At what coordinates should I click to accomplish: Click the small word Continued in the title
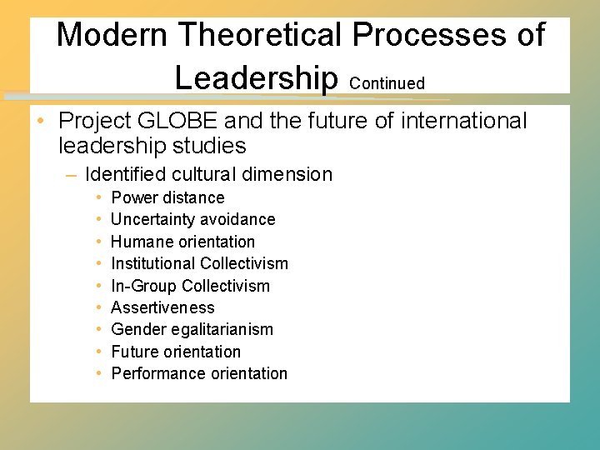387,83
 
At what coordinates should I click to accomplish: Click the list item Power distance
167,197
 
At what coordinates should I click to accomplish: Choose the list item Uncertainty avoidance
192,219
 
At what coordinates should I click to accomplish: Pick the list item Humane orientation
182,242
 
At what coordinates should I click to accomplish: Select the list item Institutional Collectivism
199,263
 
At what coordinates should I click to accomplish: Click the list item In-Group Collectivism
190,286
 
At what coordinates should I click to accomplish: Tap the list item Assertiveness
162,307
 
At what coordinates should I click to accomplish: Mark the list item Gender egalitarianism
192,329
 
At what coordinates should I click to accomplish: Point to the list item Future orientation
175,352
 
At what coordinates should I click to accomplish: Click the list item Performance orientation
198,373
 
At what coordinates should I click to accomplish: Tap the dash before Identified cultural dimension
71,175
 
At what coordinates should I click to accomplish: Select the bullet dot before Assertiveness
98,308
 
